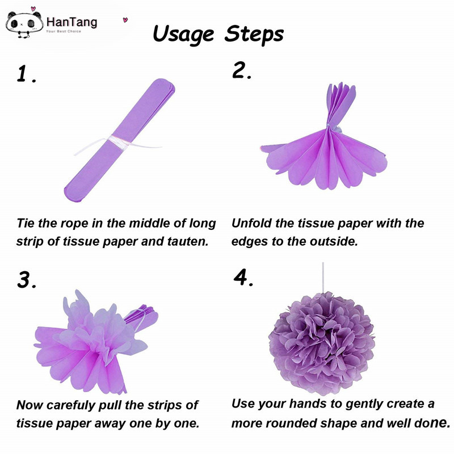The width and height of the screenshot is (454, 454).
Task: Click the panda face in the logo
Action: point(24,24)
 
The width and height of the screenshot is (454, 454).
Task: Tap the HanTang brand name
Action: point(72,22)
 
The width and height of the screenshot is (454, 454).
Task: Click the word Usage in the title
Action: point(183,33)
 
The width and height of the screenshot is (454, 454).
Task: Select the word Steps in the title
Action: point(254,33)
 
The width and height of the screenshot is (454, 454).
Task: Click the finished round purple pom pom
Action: point(322,343)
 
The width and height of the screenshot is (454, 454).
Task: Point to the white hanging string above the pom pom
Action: point(323,278)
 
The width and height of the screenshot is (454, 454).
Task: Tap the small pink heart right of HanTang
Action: point(125,20)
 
